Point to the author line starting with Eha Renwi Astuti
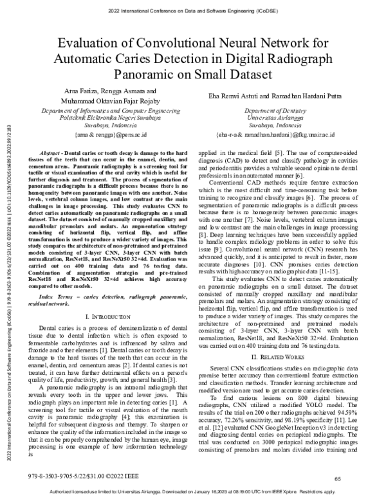coord(278,95)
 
